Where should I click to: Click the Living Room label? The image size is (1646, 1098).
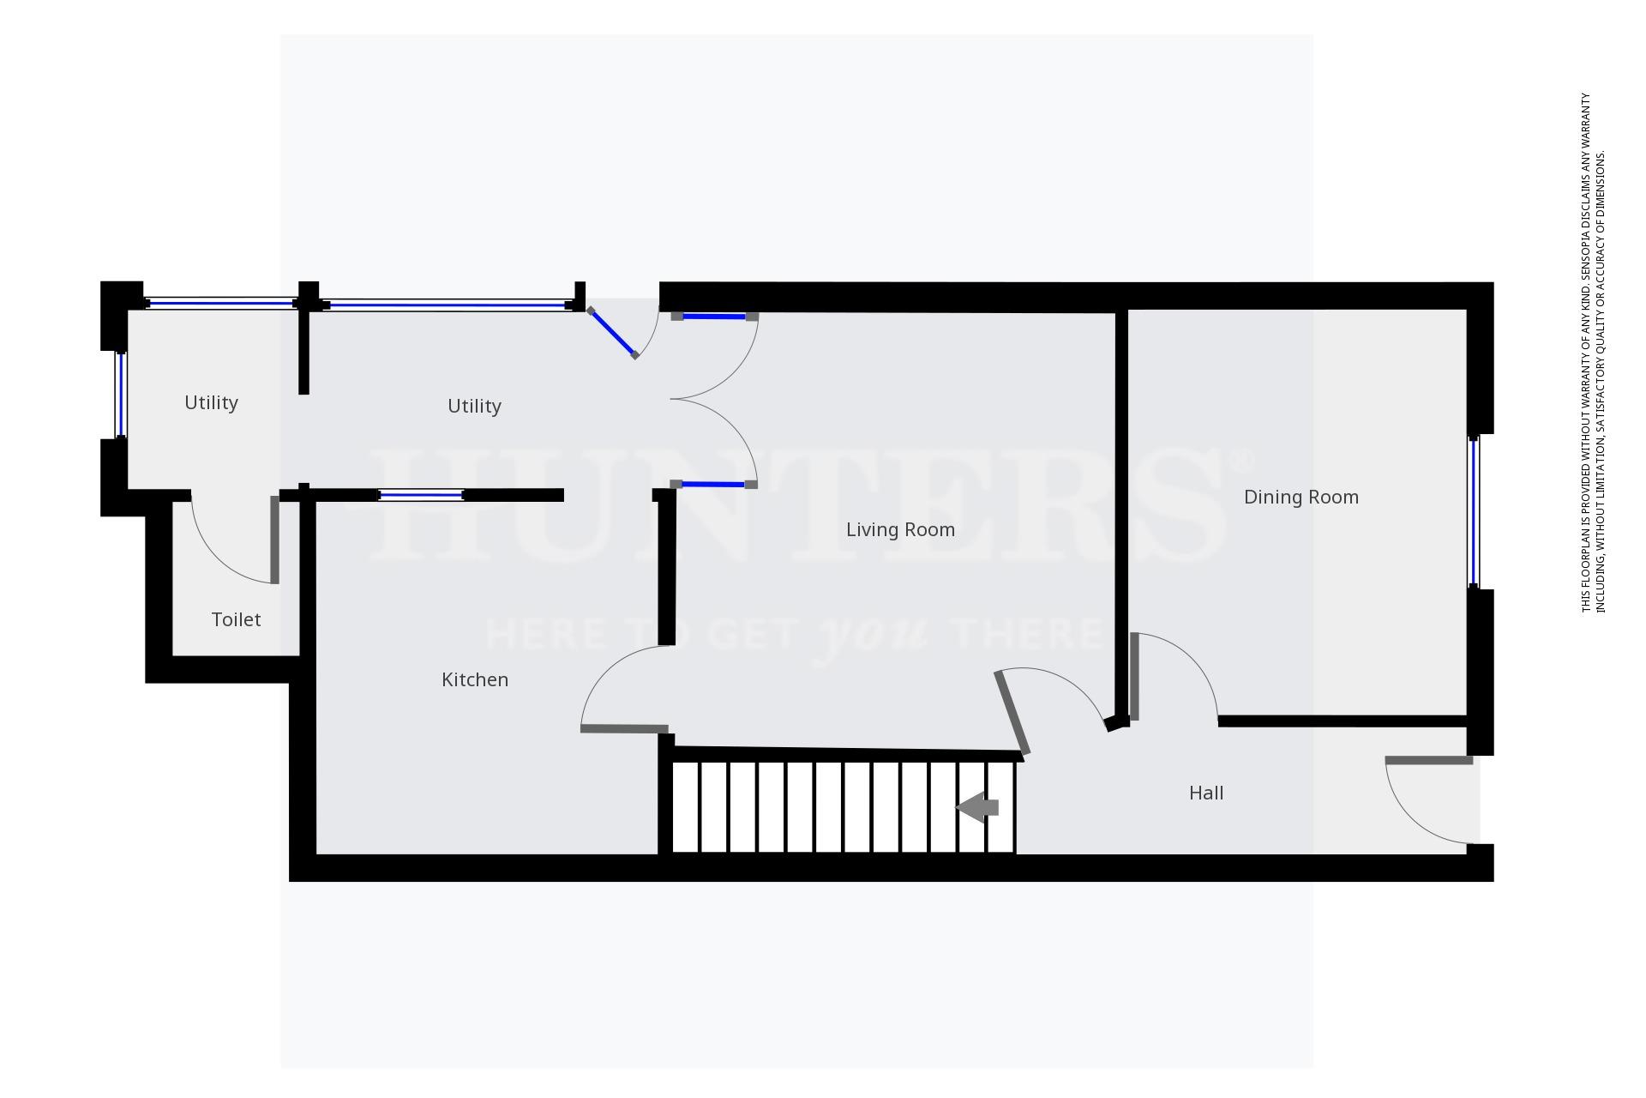[900, 530]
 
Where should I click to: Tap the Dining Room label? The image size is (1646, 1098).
[1301, 498]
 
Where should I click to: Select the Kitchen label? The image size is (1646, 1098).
[475, 680]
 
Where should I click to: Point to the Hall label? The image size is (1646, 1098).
[1205, 793]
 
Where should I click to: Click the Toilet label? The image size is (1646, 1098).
[236, 620]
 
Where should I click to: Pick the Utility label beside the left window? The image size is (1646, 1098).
[211, 403]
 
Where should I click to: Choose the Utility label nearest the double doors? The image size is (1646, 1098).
[474, 407]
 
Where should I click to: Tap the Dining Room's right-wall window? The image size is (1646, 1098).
[1474, 511]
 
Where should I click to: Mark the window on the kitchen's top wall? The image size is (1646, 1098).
[421, 495]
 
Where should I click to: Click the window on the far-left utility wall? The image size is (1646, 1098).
[121, 395]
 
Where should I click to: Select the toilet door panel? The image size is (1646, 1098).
[274, 540]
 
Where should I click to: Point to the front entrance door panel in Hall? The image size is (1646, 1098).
[1429, 761]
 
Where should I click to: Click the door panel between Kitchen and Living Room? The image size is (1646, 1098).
[624, 729]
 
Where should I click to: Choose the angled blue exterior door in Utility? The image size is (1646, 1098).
[612, 333]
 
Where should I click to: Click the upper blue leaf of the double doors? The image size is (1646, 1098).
[714, 317]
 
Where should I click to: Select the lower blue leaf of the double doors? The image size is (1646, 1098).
[714, 485]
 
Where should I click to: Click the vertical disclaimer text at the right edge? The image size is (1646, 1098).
[1593, 352]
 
